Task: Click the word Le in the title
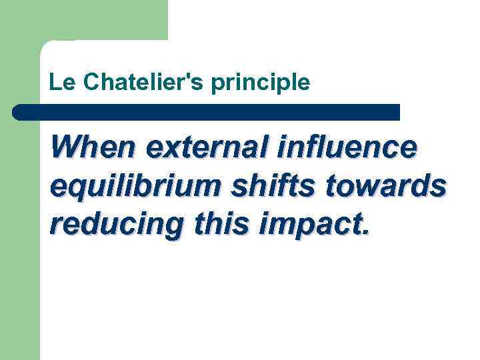(58, 83)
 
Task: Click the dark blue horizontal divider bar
(207, 112)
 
